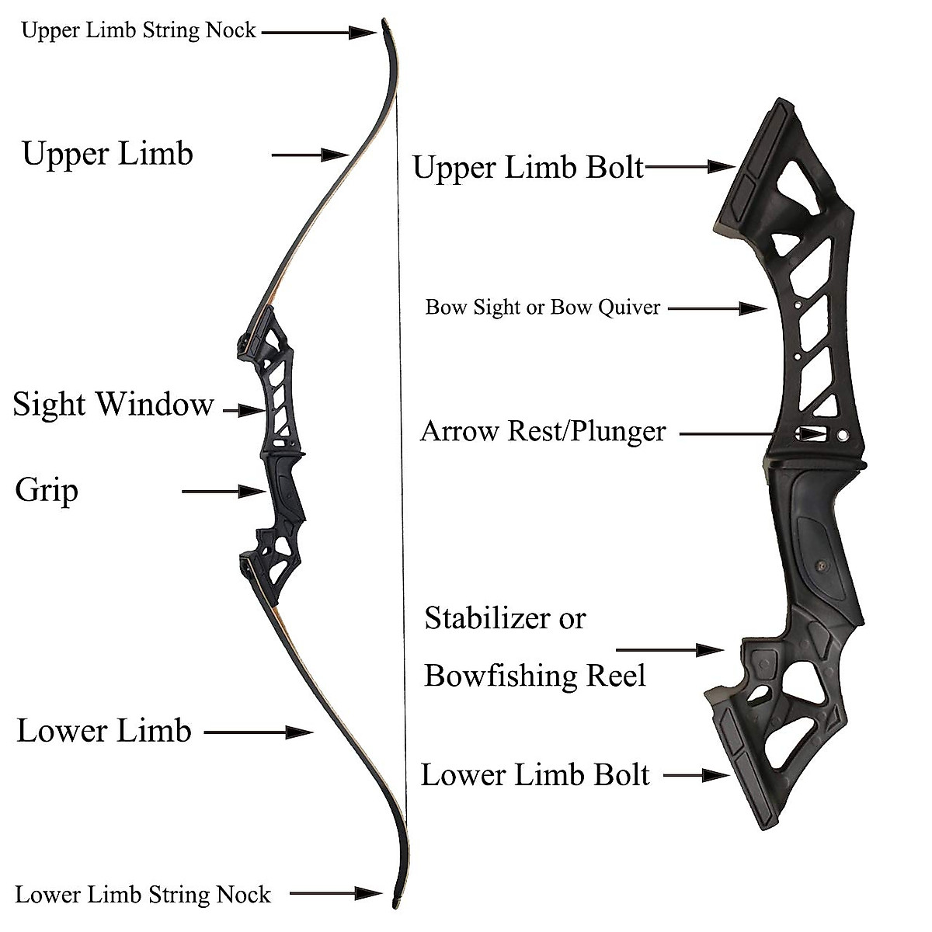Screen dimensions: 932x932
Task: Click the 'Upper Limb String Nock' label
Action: (138, 30)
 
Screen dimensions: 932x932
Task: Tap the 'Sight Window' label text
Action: (113, 405)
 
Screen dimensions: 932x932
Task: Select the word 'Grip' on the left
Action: (47, 491)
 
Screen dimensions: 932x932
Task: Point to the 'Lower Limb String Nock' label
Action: (143, 895)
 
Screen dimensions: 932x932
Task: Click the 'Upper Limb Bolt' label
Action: (528, 167)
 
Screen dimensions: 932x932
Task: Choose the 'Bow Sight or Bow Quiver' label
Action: (543, 308)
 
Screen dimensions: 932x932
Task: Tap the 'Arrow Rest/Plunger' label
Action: (543, 431)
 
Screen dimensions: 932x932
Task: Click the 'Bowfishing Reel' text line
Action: (535, 676)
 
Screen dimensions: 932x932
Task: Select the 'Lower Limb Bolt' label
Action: (535, 775)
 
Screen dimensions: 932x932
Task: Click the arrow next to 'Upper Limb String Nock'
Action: (318, 32)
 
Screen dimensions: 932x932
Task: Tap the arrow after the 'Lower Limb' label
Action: (258, 732)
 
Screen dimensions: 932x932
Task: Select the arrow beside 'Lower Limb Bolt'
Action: (697, 775)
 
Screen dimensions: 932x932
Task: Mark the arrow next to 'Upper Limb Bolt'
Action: (690, 165)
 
